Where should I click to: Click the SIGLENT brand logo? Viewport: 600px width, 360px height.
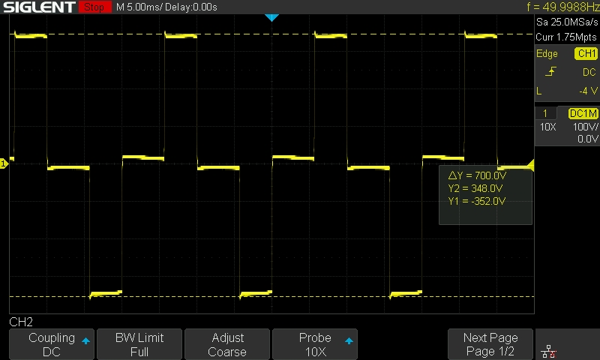(x=40, y=7)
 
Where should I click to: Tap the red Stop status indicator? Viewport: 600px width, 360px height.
(x=95, y=7)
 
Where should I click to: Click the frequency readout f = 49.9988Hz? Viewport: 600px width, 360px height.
(x=562, y=7)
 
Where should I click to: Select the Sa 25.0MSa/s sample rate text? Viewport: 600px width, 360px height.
(x=567, y=22)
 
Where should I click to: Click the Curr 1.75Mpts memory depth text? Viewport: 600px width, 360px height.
(x=566, y=37)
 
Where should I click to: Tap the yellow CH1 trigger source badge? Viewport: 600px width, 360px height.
(x=586, y=53)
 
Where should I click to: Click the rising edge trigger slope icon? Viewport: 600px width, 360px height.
(x=550, y=71)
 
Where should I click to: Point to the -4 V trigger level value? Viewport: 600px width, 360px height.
(x=588, y=91)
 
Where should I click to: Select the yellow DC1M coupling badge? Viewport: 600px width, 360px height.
(x=583, y=113)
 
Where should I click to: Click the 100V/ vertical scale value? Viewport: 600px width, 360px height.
(x=586, y=127)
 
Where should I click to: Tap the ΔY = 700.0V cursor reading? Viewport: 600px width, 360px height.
(x=477, y=175)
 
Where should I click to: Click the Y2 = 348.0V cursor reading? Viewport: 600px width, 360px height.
(x=475, y=188)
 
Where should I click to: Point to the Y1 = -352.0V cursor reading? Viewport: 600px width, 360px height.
(x=477, y=201)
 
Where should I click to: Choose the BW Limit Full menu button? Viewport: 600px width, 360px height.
(x=139, y=344)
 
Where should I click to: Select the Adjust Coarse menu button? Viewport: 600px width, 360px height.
(x=227, y=344)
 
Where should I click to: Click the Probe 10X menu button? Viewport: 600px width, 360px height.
(x=315, y=344)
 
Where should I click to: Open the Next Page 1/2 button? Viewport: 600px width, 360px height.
(x=490, y=344)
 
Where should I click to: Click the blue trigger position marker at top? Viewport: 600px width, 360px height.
(x=271, y=17)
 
